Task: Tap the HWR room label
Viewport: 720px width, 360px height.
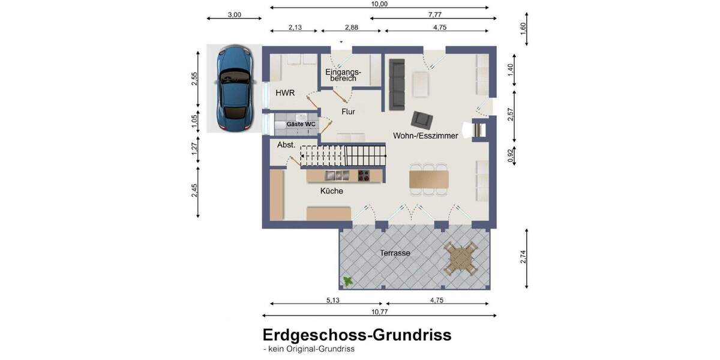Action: [285, 93]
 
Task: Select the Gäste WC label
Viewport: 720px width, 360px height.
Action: [301, 124]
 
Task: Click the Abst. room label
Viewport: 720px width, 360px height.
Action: [286, 145]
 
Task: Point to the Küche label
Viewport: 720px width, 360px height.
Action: [332, 191]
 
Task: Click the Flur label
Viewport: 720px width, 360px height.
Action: [349, 112]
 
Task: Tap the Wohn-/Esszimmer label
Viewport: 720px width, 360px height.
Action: [425, 136]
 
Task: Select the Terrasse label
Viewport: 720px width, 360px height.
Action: [395, 253]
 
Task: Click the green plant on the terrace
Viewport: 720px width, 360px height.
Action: [347, 280]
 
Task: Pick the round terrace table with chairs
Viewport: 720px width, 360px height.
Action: [460, 259]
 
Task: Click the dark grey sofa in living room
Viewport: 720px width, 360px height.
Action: [397, 84]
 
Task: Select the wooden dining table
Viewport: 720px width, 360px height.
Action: [428, 178]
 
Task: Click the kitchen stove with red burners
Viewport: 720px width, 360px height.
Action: [364, 176]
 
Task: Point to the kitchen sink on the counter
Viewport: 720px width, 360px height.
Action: [337, 176]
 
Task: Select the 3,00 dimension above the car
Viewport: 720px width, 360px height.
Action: [234, 15]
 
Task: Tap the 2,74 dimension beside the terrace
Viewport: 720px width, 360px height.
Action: [523, 257]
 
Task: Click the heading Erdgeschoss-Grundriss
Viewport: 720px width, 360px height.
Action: [356, 335]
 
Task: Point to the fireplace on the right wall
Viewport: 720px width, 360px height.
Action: [481, 130]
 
